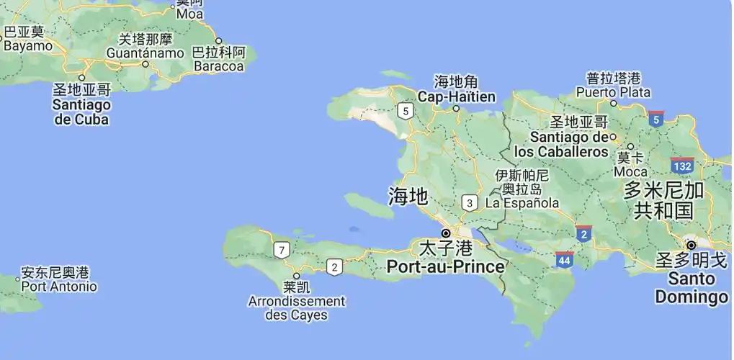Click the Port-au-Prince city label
coord(445,266)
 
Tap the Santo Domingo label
coord(691,287)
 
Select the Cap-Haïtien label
coord(457,96)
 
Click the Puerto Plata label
coord(613,92)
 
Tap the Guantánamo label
coord(145,53)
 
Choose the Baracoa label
coord(219,66)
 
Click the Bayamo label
coord(28,45)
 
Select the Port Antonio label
coord(58,286)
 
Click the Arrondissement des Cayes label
coord(296,308)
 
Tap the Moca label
coord(630,172)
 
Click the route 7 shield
coord(282,251)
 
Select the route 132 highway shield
coord(681,166)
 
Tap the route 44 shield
coord(565,260)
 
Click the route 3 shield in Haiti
coord(470,203)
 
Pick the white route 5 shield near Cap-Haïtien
coord(406,111)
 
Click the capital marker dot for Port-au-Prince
coord(447,233)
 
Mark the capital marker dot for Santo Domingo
coord(691,245)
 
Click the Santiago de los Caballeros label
coord(561,144)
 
